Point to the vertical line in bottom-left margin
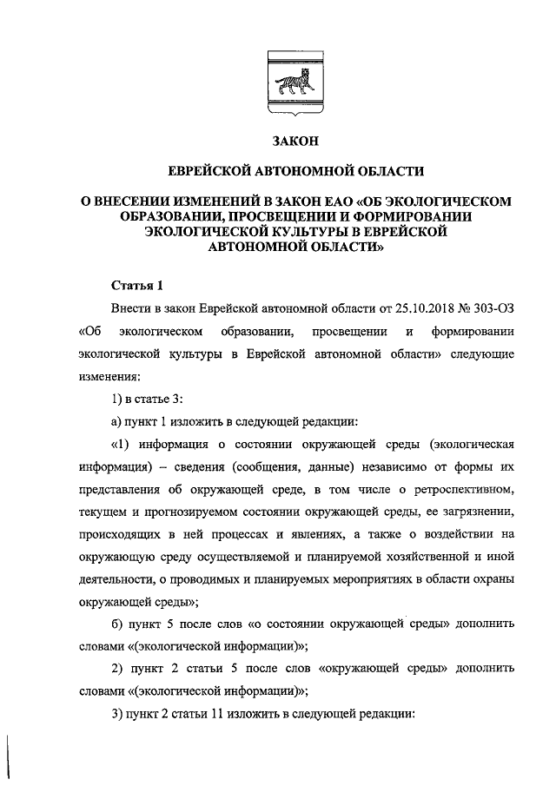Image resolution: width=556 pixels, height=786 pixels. pos(10,755)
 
